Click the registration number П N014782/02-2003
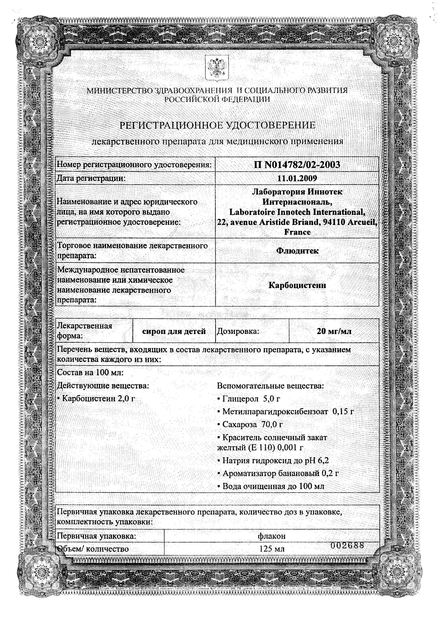click(296, 165)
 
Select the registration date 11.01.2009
click(297, 178)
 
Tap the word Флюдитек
click(297, 251)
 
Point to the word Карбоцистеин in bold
click(297, 285)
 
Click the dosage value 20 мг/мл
click(334, 331)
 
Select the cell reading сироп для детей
click(174, 331)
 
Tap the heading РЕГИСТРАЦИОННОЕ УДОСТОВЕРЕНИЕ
click(217, 125)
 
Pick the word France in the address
click(297, 232)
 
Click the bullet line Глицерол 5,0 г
click(249, 399)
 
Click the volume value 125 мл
click(272, 549)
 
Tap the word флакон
click(272, 536)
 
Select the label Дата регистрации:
click(91, 178)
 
